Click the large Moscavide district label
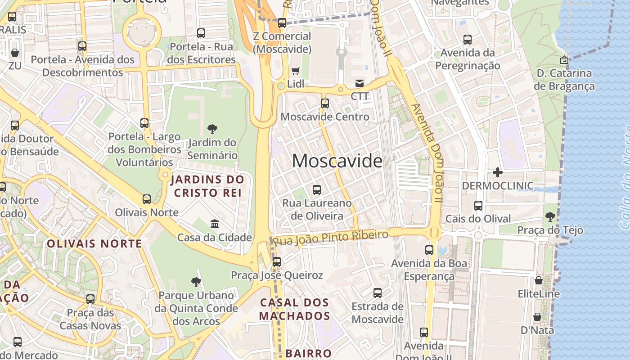tap(337, 161)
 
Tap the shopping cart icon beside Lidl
tap(296, 71)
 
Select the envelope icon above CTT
tap(360, 83)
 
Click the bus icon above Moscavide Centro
tap(325, 103)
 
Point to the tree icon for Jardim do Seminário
tap(212, 130)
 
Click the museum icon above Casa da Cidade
tap(215, 224)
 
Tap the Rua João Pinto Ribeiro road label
tap(331, 238)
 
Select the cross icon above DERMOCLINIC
tap(498, 172)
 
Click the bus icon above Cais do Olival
tap(478, 206)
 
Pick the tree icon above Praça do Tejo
tap(550, 217)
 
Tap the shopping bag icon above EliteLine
tap(539, 281)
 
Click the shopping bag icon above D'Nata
tap(537, 317)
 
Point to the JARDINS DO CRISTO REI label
tap(207, 186)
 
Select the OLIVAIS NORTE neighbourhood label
tap(94, 244)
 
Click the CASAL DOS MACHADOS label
tap(294, 309)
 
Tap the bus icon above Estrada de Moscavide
tap(378, 293)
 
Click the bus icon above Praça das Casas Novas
tap(90, 299)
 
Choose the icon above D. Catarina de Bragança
tap(564, 59)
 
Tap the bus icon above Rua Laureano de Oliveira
tap(317, 190)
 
